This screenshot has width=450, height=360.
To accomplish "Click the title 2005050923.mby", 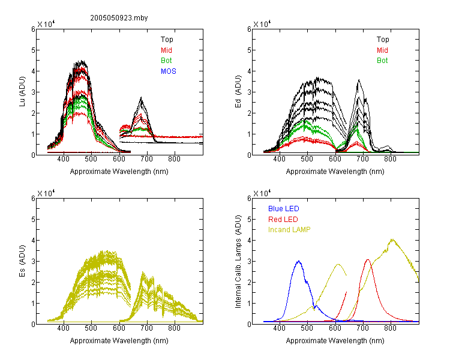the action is pos(119,18).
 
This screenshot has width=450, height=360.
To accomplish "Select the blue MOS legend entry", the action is pos(168,71).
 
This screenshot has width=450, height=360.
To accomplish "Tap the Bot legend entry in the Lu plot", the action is pos(166,61).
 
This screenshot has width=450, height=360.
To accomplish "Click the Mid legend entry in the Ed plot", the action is pos(382,50).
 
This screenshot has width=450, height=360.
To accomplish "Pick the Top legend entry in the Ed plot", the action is pos(383,40).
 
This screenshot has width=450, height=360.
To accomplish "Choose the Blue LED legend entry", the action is pos(284,209).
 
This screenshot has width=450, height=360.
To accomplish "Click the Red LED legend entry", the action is pos(283,220).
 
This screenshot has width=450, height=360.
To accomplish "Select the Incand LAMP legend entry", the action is pos(289,230).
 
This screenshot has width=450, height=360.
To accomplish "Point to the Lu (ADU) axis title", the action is pos(22,92).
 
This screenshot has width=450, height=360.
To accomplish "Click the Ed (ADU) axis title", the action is pos(238,92).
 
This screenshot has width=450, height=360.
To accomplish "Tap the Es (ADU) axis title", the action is pos(22,260).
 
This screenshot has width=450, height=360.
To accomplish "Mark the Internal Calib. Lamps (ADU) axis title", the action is pos(238,262).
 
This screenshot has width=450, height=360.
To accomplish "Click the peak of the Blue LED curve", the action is pos(299,261).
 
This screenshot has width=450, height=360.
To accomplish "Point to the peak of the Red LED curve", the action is pos(368,260).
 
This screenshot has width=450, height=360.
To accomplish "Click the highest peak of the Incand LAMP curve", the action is pos(392,239).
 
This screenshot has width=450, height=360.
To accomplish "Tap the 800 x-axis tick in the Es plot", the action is pos(174,328).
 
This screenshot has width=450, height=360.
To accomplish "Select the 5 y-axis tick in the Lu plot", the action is pos(33,50).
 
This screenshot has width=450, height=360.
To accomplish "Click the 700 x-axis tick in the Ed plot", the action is pos(362,159).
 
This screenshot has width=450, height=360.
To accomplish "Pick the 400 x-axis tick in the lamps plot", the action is pos(279,328).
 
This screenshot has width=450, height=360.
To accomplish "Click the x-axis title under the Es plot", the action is pos(119,341).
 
